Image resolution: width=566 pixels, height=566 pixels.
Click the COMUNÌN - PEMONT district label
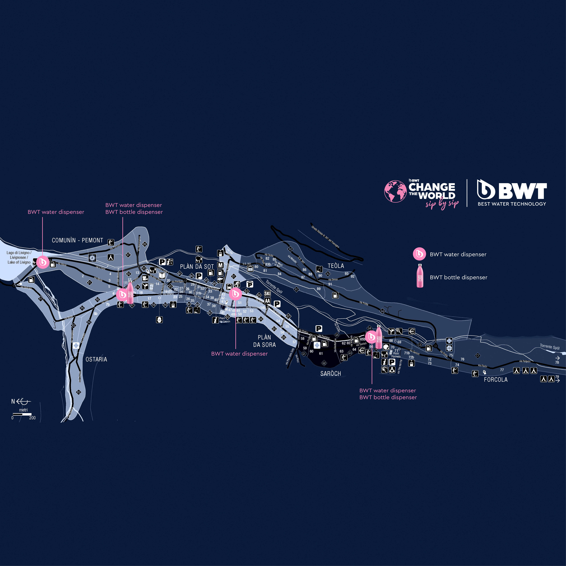point(77,240)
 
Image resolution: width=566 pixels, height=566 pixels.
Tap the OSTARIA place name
point(96,359)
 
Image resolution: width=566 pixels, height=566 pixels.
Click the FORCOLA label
point(495,380)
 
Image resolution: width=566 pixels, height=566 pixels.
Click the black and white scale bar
point(22,414)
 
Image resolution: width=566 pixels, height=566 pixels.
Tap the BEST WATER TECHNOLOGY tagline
point(512,204)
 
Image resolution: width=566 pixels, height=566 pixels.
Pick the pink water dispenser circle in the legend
point(419,254)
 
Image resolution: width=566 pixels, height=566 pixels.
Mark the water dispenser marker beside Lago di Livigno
point(43,262)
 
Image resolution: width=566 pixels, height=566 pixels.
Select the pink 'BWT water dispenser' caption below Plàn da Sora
point(239,354)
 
